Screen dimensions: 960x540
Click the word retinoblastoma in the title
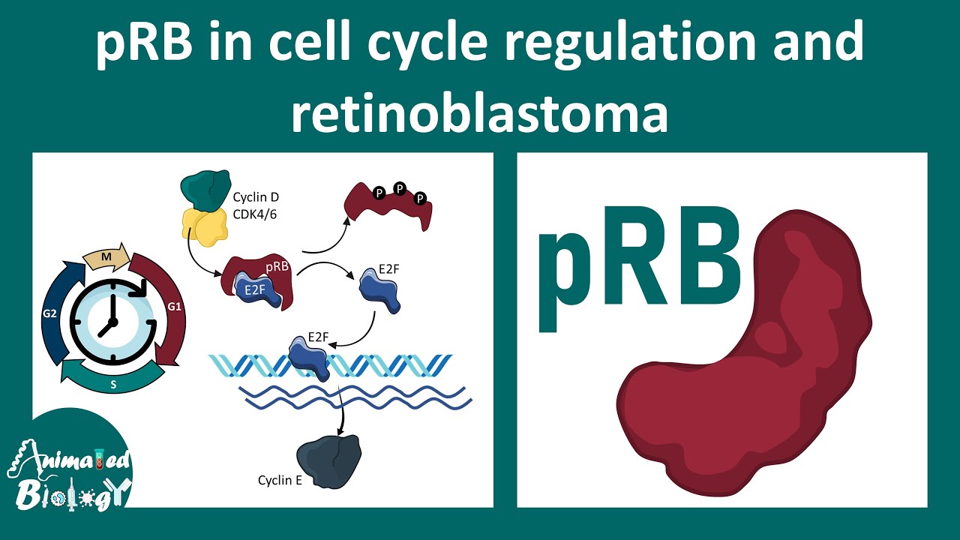click(479, 114)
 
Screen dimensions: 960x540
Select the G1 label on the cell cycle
click(174, 307)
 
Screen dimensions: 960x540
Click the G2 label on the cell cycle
click(49, 313)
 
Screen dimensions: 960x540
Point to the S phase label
click(113, 385)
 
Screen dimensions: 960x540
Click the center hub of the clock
click(112, 322)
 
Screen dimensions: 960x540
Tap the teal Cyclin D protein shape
click(205, 190)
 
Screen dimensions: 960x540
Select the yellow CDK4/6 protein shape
click(205, 227)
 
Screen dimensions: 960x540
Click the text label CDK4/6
click(254, 214)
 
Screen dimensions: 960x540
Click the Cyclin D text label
click(256, 197)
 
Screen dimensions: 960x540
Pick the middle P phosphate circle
click(400, 188)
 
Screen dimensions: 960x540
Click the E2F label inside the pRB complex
click(255, 290)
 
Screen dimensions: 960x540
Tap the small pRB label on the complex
click(277, 267)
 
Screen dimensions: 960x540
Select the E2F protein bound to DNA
click(308, 358)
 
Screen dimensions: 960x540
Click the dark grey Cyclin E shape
click(328, 461)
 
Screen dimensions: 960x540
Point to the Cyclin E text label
click(280, 480)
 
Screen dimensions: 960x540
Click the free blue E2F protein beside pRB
click(379, 290)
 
